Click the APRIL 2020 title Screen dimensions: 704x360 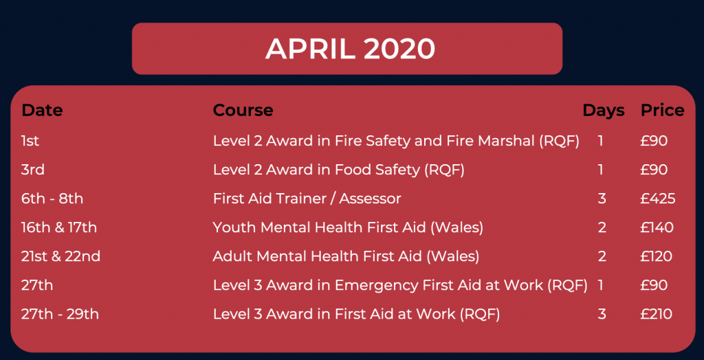(x=350, y=49)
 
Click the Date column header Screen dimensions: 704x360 (x=42, y=111)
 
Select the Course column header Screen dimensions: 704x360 (x=243, y=111)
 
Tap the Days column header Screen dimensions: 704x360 (x=604, y=111)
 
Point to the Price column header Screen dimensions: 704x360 (x=662, y=111)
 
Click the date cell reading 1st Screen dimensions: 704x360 (x=30, y=141)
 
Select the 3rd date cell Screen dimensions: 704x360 (x=33, y=170)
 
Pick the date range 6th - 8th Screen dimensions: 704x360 (x=52, y=199)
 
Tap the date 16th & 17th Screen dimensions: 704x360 (x=59, y=227)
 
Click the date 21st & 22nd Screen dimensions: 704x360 (x=60, y=256)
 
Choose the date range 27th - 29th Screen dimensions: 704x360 (x=60, y=314)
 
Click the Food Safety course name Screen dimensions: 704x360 (x=338, y=170)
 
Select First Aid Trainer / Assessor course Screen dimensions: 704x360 (x=307, y=199)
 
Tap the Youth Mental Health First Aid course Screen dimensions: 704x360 (x=348, y=228)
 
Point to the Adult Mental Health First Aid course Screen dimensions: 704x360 (x=346, y=257)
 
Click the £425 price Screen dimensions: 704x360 (x=658, y=199)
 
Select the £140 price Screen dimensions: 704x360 (x=657, y=227)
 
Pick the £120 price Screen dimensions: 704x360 (x=657, y=256)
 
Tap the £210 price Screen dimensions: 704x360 (x=657, y=314)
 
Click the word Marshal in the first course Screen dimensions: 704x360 (x=507, y=141)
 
